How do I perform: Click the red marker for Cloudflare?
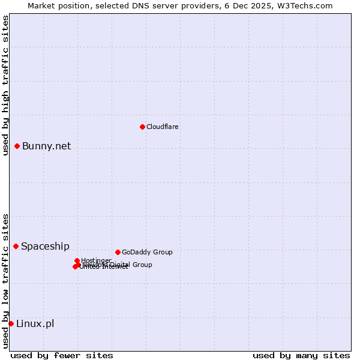click(142, 127)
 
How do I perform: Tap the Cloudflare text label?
click(163, 127)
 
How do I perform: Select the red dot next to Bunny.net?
click(17, 146)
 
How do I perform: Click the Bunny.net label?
click(46, 146)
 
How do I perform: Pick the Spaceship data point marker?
click(16, 246)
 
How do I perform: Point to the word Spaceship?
click(45, 246)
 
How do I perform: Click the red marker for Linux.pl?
click(11, 323)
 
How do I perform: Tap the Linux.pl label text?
click(35, 323)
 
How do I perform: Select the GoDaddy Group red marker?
click(118, 252)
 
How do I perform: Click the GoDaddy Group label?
click(147, 252)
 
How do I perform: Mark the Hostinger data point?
click(77, 260)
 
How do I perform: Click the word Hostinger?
click(97, 260)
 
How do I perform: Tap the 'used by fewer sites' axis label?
click(62, 355)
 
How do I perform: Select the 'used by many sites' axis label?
click(301, 355)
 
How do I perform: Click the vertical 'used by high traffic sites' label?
click(5, 86)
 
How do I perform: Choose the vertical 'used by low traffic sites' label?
click(5, 280)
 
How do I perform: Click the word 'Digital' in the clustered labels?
click(118, 265)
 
